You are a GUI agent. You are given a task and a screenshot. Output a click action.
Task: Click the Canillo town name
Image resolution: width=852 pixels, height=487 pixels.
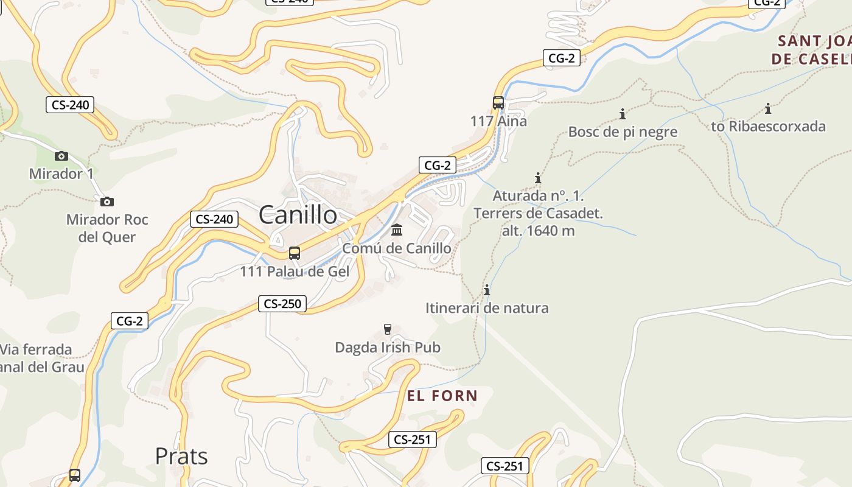pos(298,215)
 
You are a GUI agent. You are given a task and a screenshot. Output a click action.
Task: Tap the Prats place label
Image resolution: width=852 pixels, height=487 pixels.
pos(181,456)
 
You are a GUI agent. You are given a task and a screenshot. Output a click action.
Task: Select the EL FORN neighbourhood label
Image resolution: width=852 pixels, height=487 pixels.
pos(442,396)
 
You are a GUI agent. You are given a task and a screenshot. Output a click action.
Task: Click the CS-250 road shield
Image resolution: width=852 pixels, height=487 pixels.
pos(282,303)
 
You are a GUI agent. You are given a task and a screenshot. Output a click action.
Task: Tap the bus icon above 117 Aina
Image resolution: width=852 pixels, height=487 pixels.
pos(498,103)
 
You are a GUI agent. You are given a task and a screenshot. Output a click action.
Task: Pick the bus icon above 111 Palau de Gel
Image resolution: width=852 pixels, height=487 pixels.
pos(295,253)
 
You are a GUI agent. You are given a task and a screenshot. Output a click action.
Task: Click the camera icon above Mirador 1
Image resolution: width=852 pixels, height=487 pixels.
pos(61,156)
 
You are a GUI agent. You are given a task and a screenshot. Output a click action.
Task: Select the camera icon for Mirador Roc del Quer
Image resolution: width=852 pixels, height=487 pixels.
pos(107,201)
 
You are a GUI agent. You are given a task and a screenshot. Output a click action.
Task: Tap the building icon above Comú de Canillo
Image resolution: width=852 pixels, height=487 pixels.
pos(397,229)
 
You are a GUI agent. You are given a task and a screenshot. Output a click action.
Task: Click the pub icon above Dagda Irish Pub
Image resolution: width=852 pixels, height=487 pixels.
pos(388,329)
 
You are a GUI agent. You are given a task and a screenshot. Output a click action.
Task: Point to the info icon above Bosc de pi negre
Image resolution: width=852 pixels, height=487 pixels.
pos(623,114)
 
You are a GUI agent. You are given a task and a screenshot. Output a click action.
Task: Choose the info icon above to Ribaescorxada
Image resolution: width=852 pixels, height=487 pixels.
pos(768,109)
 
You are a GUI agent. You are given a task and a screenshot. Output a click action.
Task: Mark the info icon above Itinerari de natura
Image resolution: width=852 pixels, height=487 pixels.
pos(486,290)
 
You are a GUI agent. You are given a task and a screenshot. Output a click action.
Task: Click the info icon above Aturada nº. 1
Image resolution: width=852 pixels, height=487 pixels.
pos(538,178)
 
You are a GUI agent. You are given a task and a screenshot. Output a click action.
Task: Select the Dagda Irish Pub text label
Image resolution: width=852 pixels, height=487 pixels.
pos(388,348)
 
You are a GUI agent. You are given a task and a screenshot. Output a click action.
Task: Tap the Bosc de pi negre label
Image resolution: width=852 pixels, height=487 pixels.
pos(623,131)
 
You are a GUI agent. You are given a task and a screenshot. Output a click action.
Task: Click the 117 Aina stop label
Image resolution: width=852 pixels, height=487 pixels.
pos(498,121)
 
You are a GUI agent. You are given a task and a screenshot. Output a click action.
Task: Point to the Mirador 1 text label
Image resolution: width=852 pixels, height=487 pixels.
pos(61,174)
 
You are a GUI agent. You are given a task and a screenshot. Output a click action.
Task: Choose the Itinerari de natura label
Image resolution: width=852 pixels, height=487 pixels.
pos(487,308)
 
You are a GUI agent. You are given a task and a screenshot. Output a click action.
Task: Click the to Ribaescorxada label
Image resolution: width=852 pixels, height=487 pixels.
pos(768,127)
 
